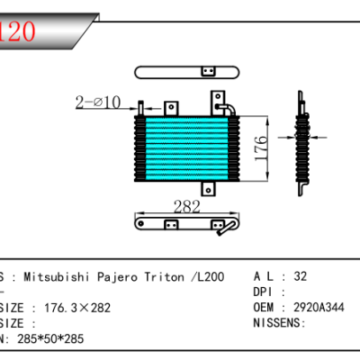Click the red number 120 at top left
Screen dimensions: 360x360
pos(18,31)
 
